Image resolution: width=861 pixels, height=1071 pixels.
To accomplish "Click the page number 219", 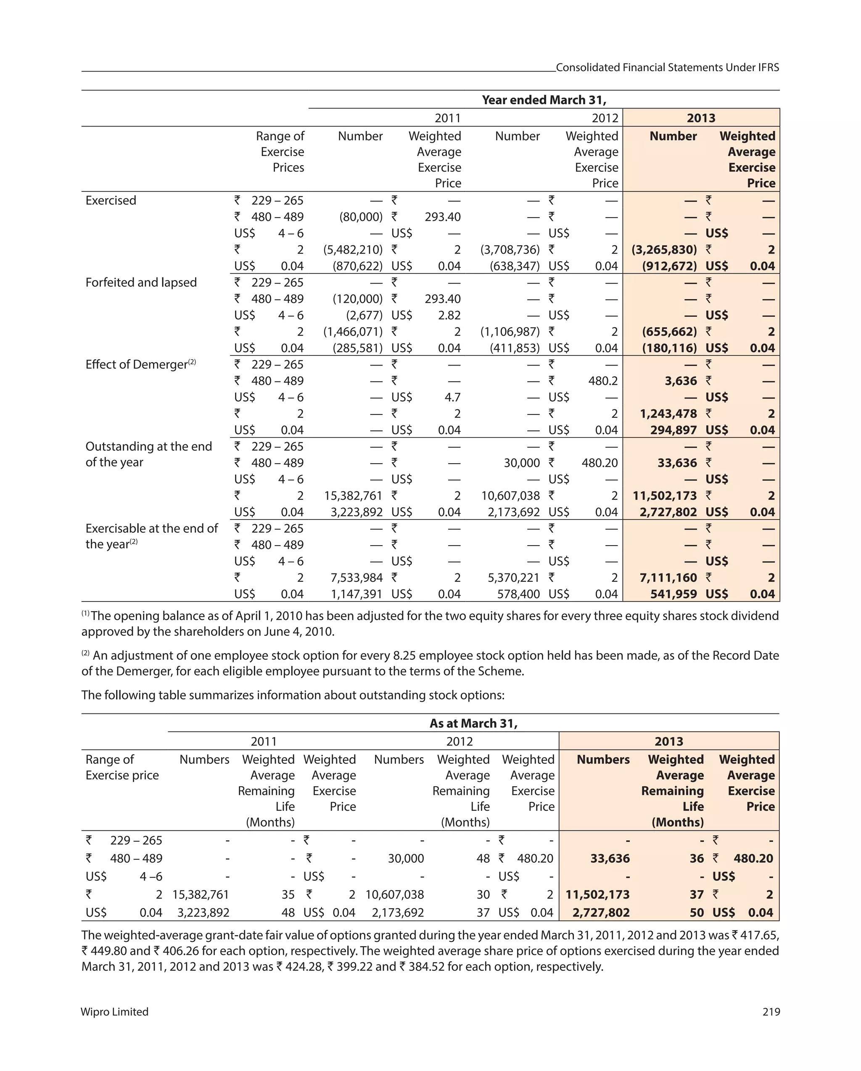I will click(771, 1011).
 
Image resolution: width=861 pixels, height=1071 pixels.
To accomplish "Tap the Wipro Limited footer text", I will click(115, 1011).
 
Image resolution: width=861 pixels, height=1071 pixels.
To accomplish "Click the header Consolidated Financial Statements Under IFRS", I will click(667, 68).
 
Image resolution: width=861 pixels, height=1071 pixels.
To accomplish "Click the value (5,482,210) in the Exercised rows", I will click(353, 249).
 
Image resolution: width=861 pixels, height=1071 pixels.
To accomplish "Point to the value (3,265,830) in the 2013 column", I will click(664, 249).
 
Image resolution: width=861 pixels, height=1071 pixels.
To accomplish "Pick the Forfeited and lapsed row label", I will click(141, 282).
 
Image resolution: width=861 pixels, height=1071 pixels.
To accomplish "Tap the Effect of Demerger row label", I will click(137, 364).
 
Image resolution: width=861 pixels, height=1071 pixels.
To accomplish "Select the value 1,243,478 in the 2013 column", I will click(668, 414).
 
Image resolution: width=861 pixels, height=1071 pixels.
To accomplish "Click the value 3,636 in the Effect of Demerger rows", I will click(681, 381).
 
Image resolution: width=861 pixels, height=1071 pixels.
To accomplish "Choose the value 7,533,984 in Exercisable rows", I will click(357, 577).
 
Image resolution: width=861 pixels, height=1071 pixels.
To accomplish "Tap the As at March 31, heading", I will click(473, 723).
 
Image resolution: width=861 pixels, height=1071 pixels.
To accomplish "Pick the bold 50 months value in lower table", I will click(697, 912).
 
